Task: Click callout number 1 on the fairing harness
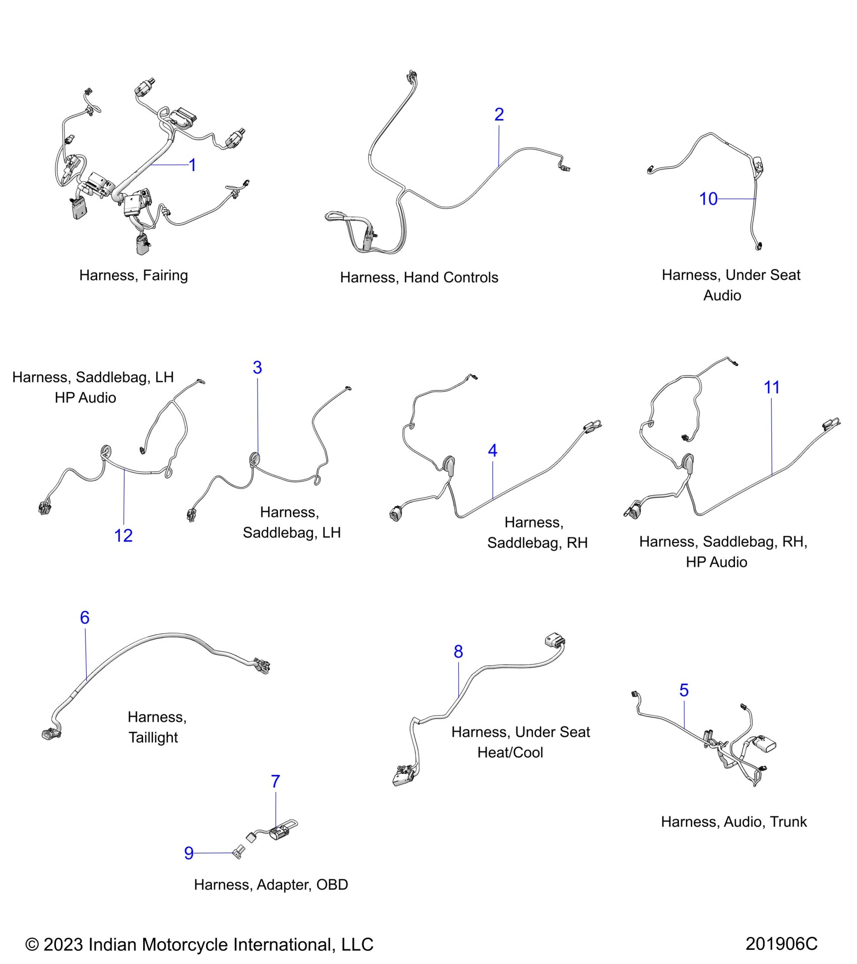[x=192, y=165]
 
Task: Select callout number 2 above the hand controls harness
[x=499, y=114]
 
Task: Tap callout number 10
[x=708, y=199]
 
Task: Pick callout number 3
[x=257, y=368]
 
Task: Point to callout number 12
[x=123, y=535]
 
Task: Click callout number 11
[x=771, y=387]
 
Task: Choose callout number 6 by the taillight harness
[x=85, y=618]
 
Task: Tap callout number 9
[x=189, y=853]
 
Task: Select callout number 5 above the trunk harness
[x=684, y=690]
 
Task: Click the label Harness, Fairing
[x=134, y=275]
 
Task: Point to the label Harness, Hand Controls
[x=419, y=277]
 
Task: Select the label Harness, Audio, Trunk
[x=733, y=822]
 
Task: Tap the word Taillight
[x=153, y=738]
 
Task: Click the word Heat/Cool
[x=510, y=753]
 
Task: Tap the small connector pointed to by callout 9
[x=237, y=853]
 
